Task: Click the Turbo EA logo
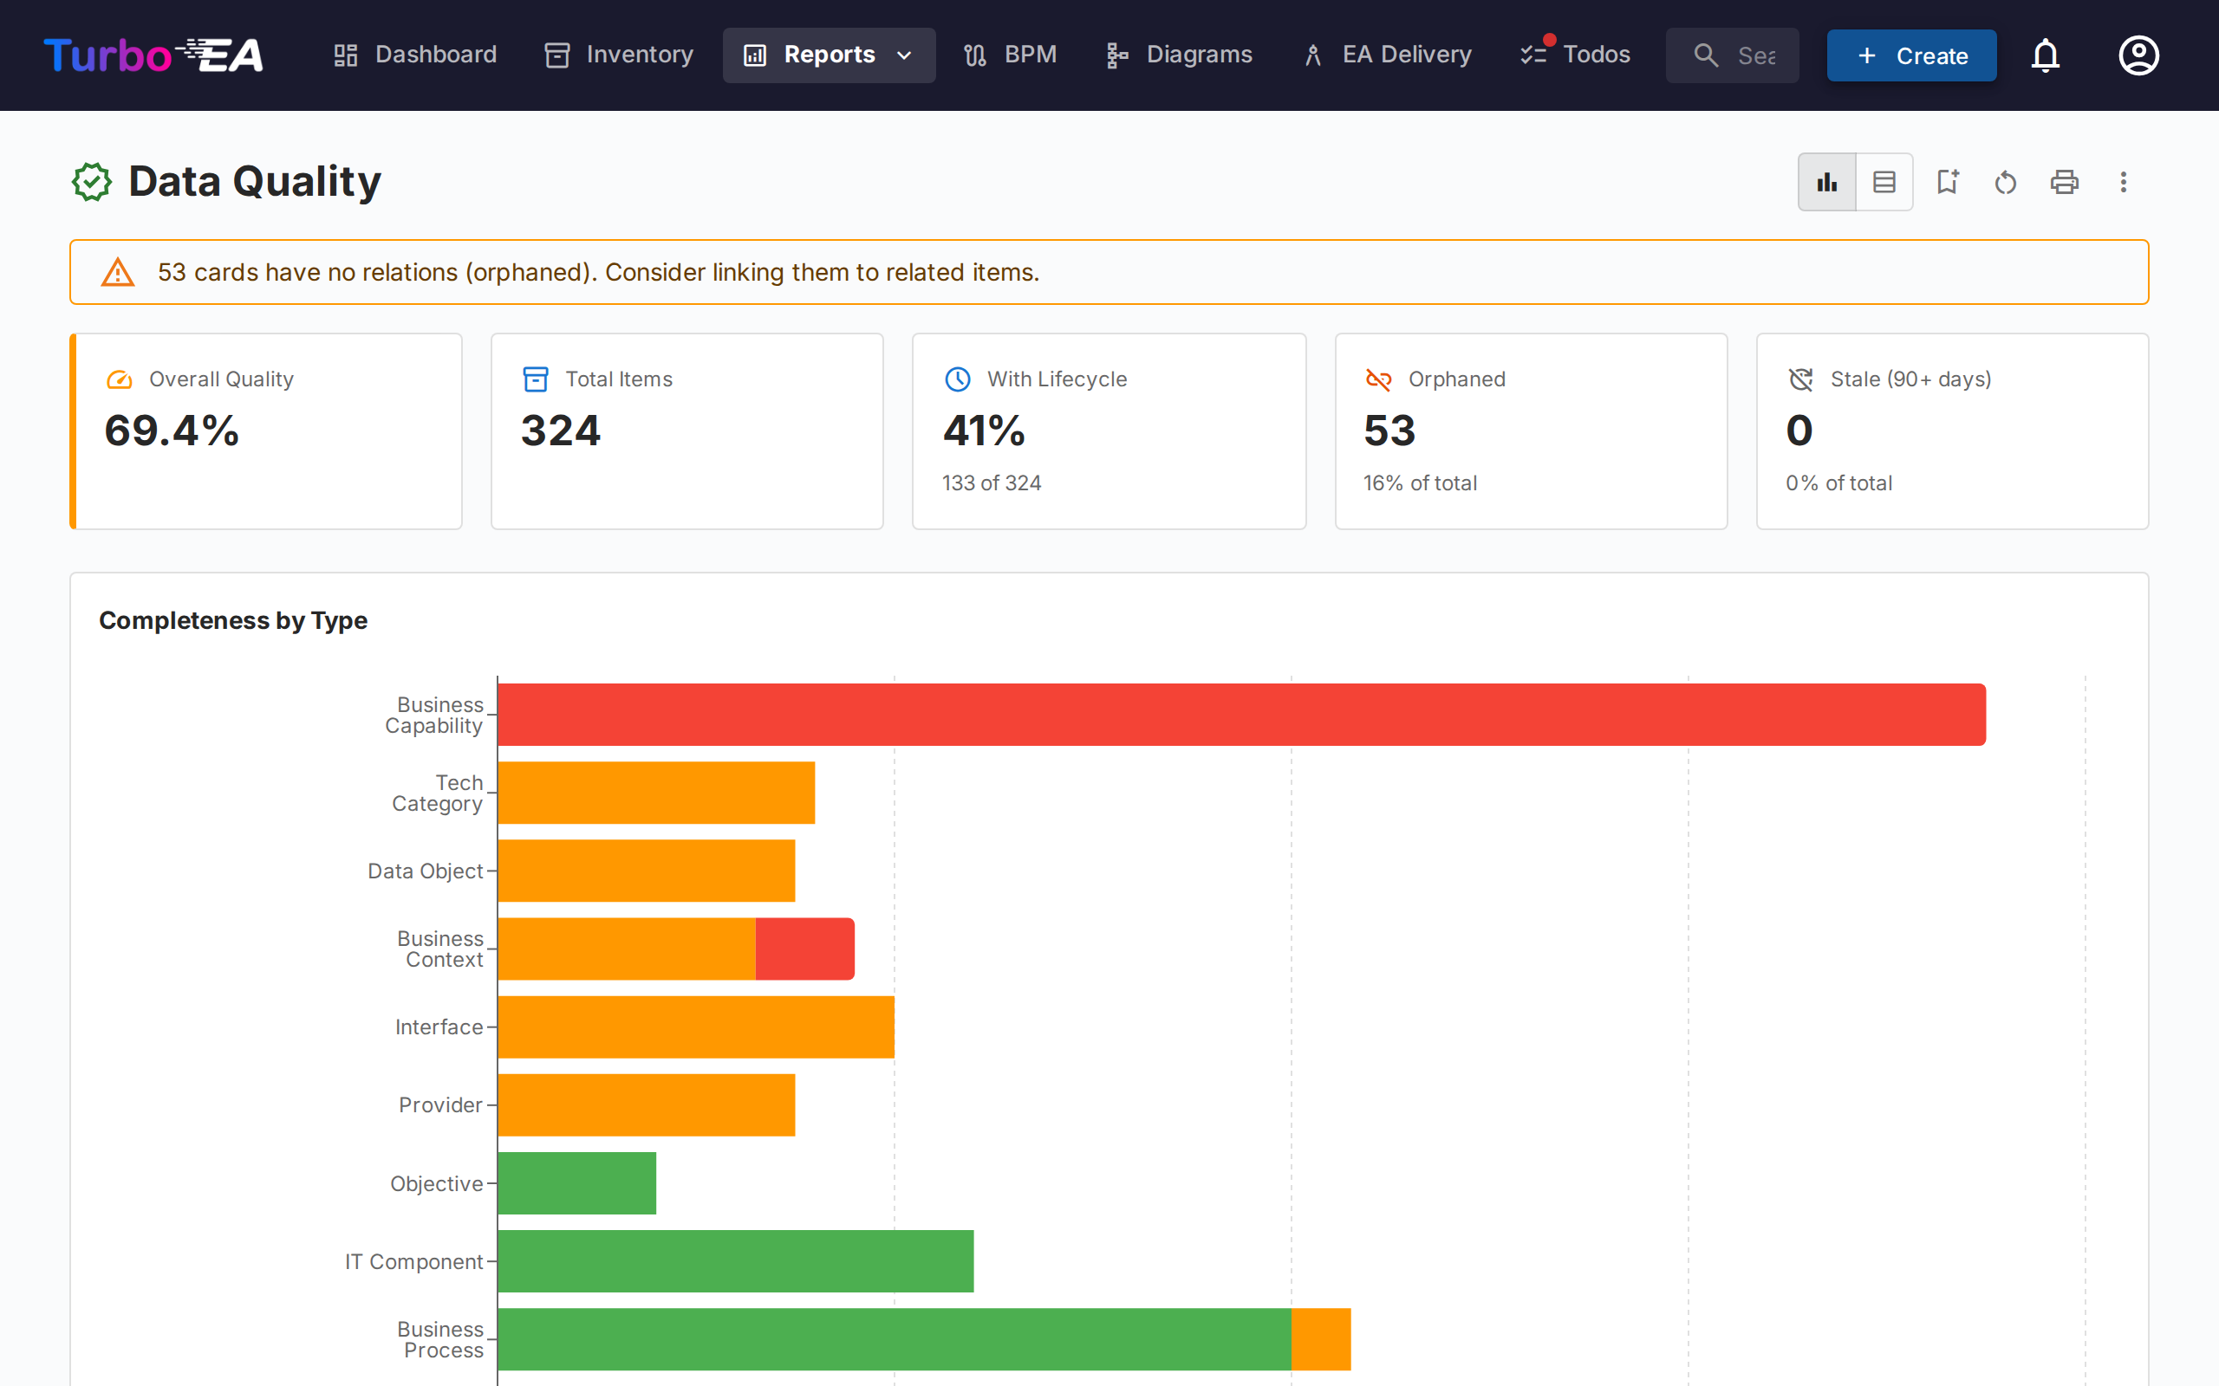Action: tap(153, 55)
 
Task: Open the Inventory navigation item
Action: tap(619, 55)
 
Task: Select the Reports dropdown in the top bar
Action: tap(828, 55)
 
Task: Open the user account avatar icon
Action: tap(2138, 55)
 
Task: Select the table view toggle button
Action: tap(1884, 182)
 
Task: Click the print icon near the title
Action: tap(2064, 182)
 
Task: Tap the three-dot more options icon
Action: tap(2123, 182)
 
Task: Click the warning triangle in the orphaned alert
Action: tap(117, 272)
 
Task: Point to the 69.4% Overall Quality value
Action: tap(172, 431)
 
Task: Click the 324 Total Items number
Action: tap(560, 431)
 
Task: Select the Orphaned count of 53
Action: tap(1389, 431)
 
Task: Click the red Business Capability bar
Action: tap(1240, 714)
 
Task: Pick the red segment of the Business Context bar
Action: tap(804, 949)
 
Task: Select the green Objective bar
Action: tap(576, 1182)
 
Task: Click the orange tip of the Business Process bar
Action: tap(1320, 1338)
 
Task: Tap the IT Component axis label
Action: tap(413, 1261)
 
